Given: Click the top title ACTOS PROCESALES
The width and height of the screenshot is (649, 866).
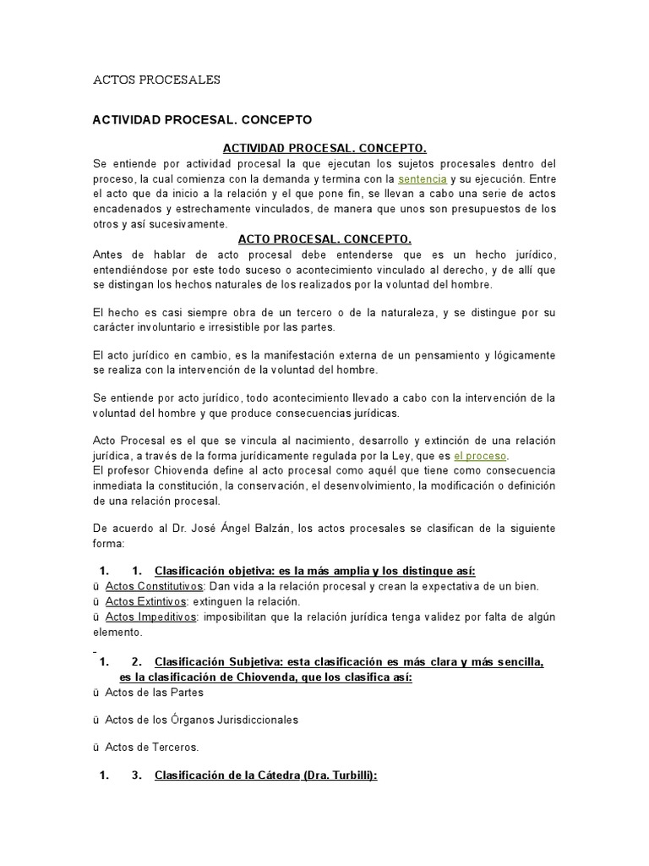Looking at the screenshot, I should click(x=156, y=79).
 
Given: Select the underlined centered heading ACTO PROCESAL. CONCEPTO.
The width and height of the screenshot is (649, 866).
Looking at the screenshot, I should click(x=324, y=239).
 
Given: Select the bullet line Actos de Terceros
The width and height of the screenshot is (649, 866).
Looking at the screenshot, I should click(x=151, y=747).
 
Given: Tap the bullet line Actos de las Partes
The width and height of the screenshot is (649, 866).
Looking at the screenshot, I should click(x=154, y=692).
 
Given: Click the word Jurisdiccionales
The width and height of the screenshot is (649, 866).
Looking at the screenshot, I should click(x=251, y=720).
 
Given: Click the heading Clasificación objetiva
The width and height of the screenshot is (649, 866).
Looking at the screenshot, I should click(x=212, y=570).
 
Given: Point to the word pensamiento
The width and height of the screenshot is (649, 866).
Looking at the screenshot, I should click(x=433, y=355).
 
